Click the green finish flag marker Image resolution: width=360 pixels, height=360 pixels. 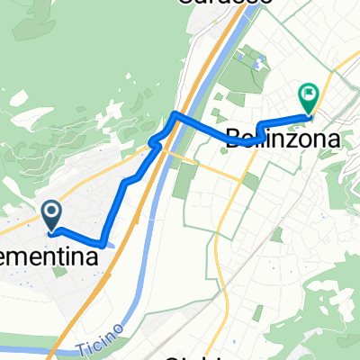coord(309,94)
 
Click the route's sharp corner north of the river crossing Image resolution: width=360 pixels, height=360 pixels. coord(174,114)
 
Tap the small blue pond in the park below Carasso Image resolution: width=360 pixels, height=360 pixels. coord(259,65)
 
